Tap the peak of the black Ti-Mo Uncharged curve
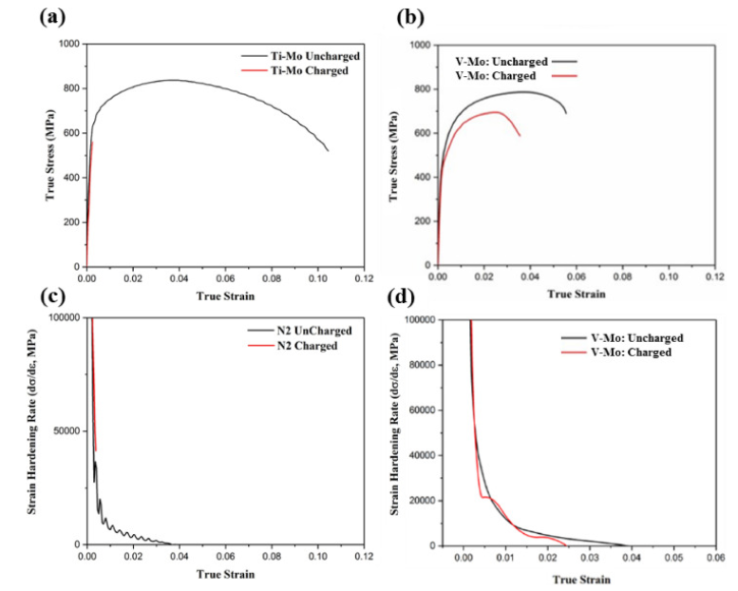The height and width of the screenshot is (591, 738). point(173,80)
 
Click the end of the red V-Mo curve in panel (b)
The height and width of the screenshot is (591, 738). point(520,135)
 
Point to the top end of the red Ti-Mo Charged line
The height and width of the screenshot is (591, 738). point(92,143)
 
